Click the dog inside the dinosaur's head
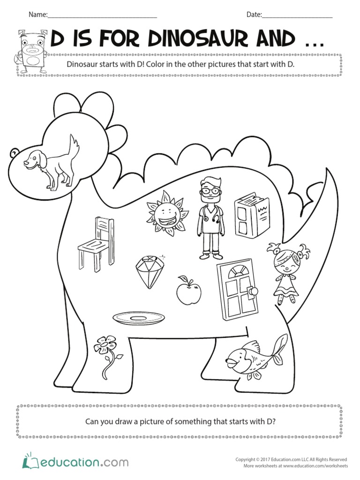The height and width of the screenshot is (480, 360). [x=51, y=165]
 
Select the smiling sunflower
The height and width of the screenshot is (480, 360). [x=166, y=213]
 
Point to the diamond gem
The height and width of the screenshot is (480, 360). [x=149, y=271]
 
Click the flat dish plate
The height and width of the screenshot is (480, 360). [x=139, y=318]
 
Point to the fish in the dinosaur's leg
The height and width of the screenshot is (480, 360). [x=256, y=356]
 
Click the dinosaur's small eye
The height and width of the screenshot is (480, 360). [x=14, y=152]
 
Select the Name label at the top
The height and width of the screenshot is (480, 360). [x=38, y=15]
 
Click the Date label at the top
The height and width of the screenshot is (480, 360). [x=254, y=15]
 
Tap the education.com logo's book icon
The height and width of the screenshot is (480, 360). [x=30, y=461]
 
